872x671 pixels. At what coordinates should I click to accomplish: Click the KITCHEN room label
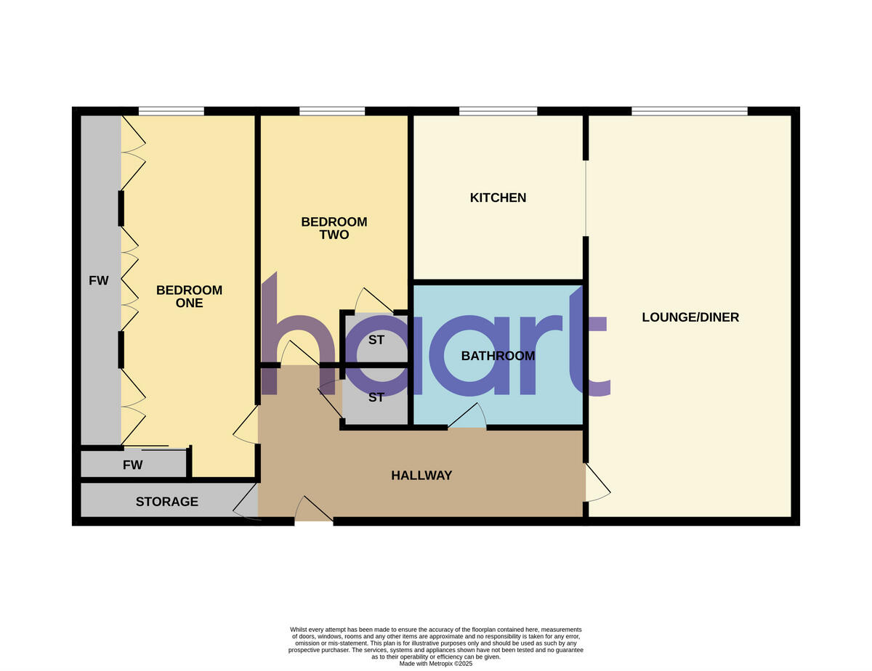click(x=498, y=198)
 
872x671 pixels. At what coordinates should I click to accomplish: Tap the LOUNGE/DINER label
click(x=690, y=317)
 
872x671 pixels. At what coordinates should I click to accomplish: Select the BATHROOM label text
click(x=498, y=356)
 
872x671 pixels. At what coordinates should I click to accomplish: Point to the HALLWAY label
click(x=421, y=476)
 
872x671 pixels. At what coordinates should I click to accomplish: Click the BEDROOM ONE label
click(x=189, y=296)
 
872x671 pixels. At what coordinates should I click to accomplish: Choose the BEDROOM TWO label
click(x=334, y=228)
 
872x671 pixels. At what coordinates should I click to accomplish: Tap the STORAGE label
click(x=166, y=502)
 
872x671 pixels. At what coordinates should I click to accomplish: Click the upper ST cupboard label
click(x=376, y=339)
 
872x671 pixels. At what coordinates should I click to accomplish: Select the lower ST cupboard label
click(x=376, y=397)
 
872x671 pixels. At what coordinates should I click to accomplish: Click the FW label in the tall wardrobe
click(x=99, y=280)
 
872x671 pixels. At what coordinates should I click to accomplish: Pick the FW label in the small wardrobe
click(x=133, y=465)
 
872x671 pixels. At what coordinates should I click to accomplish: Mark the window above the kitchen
click(x=498, y=111)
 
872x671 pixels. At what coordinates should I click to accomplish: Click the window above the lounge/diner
click(x=689, y=111)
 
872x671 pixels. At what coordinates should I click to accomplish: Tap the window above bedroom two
click(x=331, y=111)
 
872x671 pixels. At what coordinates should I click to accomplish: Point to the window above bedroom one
click(x=171, y=111)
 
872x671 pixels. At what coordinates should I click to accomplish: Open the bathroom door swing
click(x=467, y=418)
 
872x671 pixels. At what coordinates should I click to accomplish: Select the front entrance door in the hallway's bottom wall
click(x=313, y=511)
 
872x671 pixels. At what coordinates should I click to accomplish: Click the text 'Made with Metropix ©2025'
click(x=436, y=663)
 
